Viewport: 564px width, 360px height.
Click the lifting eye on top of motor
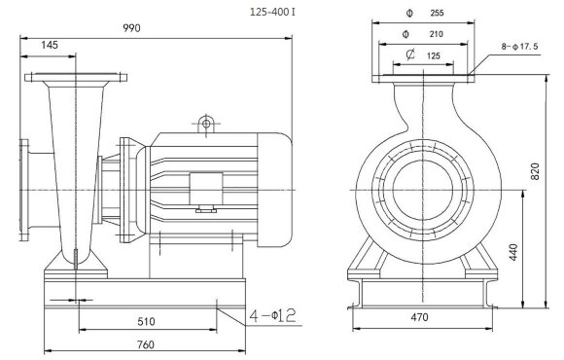click(206, 124)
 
